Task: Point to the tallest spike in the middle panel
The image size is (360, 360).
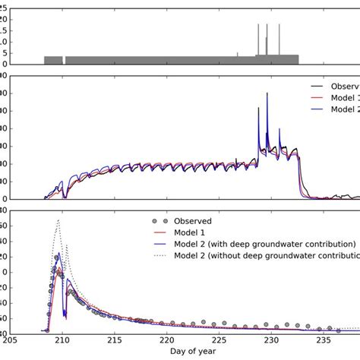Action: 267,93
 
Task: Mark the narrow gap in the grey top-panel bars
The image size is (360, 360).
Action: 64,60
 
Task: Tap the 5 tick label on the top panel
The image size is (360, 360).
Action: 5,52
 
